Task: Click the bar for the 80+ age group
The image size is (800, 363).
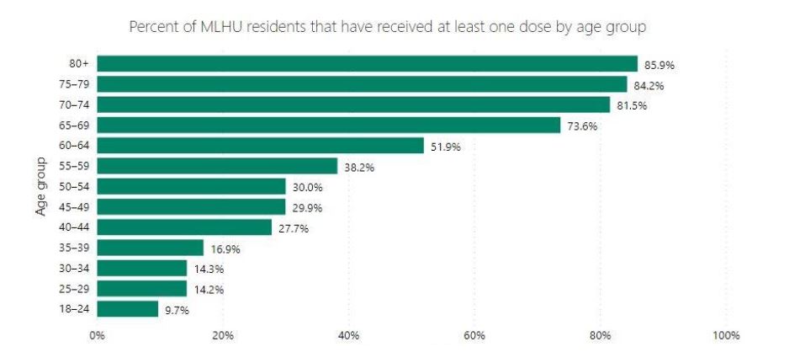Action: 367,64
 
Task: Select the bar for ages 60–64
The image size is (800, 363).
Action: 260,146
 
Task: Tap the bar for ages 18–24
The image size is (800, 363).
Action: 127,309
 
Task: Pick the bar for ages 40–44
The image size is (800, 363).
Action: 184,227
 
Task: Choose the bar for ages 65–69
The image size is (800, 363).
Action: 328,125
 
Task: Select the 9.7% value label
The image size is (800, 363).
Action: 177,310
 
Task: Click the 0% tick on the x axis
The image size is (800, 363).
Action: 98,336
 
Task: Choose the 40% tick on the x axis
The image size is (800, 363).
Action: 348,336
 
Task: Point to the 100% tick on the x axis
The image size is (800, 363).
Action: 725,336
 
